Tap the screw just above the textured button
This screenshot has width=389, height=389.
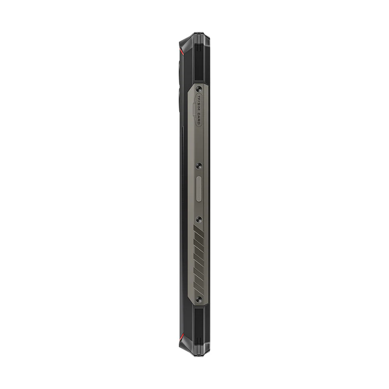[x=199, y=165]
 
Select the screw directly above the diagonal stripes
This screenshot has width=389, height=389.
[x=199, y=219]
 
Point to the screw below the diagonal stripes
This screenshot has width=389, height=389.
[x=199, y=299]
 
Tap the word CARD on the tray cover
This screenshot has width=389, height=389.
[x=199, y=118]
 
